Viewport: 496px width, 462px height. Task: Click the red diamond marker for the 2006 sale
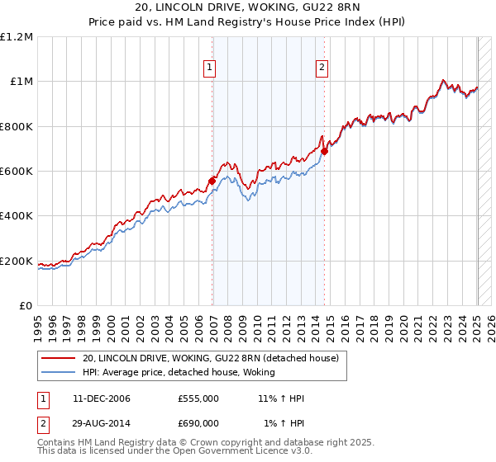pyautogui.click(x=212, y=181)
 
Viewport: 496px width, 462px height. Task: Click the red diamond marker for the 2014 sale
pyautogui.click(x=325, y=151)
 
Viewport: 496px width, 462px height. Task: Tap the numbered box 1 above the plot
pyautogui.click(x=210, y=68)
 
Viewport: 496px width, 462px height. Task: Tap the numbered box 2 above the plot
pyautogui.click(x=321, y=68)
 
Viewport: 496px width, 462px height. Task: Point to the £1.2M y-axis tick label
pyautogui.click(x=17, y=37)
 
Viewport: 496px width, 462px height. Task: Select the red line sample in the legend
pyautogui.click(x=58, y=359)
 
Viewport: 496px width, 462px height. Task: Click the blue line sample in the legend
pyautogui.click(x=58, y=372)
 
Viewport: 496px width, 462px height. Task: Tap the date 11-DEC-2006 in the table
pyautogui.click(x=102, y=398)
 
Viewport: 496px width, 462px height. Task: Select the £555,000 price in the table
pyautogui.click(x=198, y=398)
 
